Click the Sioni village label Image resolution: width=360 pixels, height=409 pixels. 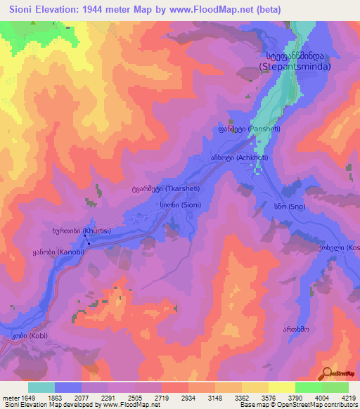tap(174, 205)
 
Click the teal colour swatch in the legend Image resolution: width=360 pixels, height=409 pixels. tap(41, 387)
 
